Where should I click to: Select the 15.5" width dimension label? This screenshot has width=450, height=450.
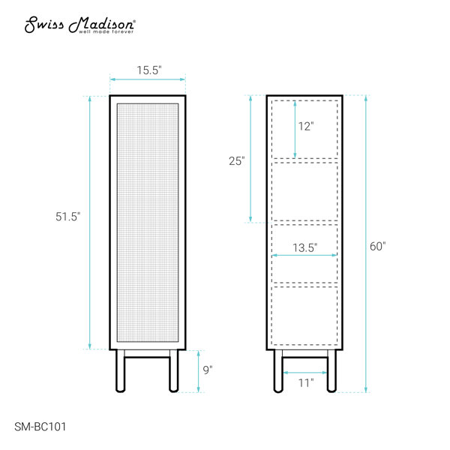pyautogui.click(x=149, y=70)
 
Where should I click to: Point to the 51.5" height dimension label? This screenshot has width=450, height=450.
pyautogui.click(x=68, y=216)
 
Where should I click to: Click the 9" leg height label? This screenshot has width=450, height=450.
pyautogui.click(x=208, y=369)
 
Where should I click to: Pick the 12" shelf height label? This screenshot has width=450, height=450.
pyautogui.click(x=305, y=127)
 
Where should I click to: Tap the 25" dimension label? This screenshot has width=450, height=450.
pyautogui.click(x=237, y=160)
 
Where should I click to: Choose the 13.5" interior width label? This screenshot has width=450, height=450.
pyautogui.click(x=304, y=247)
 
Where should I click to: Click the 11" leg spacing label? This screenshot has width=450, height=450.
pyautogui.click(x=304, y=383)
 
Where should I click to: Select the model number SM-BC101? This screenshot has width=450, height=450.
pyautogui.click(x=44, y=426)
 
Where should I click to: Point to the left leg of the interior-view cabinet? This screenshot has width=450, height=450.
pyautogui.click(x=277, y=371)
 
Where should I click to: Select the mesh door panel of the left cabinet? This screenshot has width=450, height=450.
pyautogui.click(x=148, y=222)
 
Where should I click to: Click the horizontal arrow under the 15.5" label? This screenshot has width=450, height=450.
pyautogui.click(x=148, y=79)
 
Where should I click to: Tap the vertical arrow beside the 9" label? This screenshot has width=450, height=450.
pyautogui.click(x=198, y=371)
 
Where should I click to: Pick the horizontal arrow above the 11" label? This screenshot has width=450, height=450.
pyautogui.click(x=304, y=372)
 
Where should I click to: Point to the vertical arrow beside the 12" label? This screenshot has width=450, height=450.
pyautogui.click(x=295, y=128)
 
